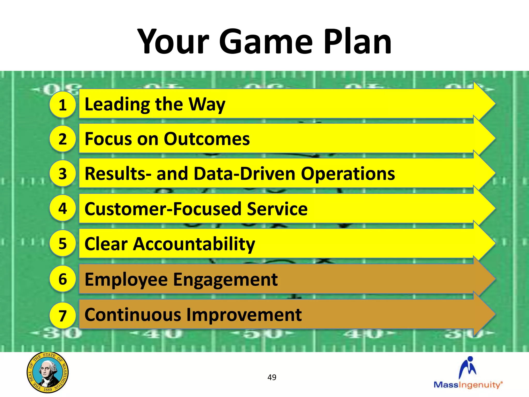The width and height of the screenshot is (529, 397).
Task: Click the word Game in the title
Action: pyautogui.click(x=266, y=42)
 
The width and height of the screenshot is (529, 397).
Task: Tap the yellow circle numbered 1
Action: pyautogui.click(x=63, y=105)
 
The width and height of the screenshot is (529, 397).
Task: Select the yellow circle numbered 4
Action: pyautogui.click(x=63, y=208)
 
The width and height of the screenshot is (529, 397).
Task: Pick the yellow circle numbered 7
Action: pyautogui.click(x=63, y=316)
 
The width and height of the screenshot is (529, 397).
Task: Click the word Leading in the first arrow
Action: pyautogui.click(x=117, y=105)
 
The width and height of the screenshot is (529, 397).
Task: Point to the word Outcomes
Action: pyautogui.click(x=207, y=139)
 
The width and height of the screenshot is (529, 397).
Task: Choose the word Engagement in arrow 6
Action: pyautogui.click(x=225, y=280)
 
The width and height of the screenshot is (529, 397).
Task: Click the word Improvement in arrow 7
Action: pyautogui.click(x=244, y=315)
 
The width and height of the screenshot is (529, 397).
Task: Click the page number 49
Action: pyautogui.click(x=272, y=377)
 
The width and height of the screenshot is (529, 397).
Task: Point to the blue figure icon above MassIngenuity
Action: pyautogui.click(x=468, y=367)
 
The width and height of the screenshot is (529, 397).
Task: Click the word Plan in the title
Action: pyautogui.click(x=357, y=42)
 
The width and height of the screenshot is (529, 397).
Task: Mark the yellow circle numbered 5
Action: pyautogui.click(x=63, y=243)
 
